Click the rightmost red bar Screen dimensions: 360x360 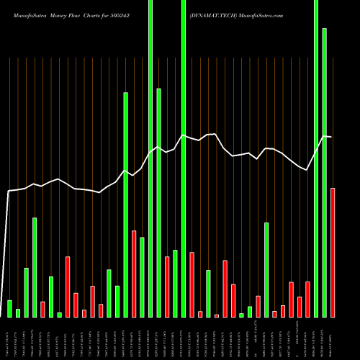click(x=333, y=252)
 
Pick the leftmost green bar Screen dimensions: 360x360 click(x=10, y=308)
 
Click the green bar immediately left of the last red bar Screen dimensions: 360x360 click(x=324, y=173)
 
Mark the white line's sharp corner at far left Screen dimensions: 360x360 click(x=9, y=191)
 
